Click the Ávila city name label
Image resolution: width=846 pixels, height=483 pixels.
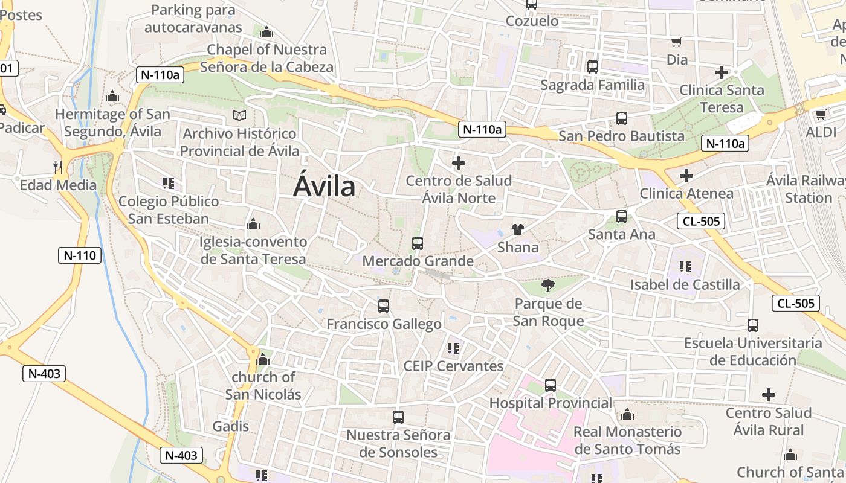point(325,187)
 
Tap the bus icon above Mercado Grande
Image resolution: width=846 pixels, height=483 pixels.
point(417,243)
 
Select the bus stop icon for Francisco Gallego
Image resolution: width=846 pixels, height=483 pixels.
point(383,306)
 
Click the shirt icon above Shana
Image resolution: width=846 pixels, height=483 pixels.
point(518,229)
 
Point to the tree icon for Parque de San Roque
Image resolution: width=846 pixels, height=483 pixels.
point(548,285)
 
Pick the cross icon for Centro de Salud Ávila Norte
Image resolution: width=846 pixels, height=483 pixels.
point(459,162)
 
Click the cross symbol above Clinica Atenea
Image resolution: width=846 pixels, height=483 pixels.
point(686,176)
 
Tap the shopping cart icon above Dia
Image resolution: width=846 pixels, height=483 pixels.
point(677,42)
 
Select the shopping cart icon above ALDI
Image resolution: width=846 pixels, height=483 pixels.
point(821,114)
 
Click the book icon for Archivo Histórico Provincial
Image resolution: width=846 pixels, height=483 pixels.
point(239,115)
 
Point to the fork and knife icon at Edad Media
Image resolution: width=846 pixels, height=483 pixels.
point(58,167)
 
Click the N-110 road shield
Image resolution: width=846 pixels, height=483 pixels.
point(80,255)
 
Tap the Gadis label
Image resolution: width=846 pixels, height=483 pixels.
point(231,426)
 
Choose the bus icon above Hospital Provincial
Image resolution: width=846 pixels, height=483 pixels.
point(550,385)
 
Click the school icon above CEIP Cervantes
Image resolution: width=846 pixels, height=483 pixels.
point(453,348)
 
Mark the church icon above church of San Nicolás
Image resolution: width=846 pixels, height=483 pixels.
point(262,359)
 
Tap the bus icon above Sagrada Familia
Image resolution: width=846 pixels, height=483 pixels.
point(592,67)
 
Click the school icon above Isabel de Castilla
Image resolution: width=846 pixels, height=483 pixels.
point(685,266)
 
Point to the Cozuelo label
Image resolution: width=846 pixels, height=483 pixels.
point(532,21)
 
